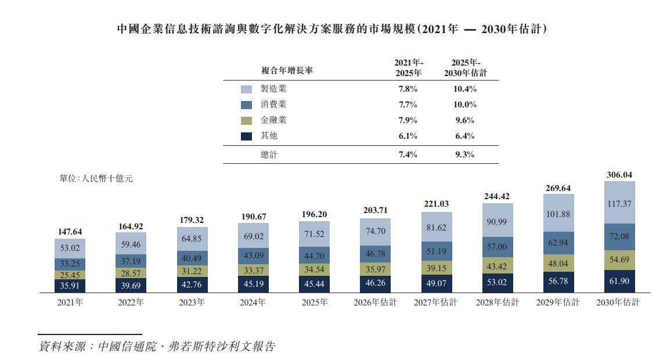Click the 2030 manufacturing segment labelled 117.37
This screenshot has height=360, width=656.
tap(619, 203)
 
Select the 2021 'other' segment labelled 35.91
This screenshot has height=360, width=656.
tap(70, 286)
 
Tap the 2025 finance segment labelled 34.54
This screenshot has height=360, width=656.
tap(314, 269)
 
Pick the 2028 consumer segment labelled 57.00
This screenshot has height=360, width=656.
tap(497, 247)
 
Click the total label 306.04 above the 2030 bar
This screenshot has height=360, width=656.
tap(619, 175)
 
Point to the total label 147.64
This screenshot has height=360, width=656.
tap(70, 232)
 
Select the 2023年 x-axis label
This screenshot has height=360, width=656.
tap(192, 303)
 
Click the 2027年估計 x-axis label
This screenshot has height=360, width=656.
tap(435, 303)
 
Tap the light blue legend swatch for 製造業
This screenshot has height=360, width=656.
tap(246, 89)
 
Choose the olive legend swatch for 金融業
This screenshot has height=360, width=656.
tap(246, 121)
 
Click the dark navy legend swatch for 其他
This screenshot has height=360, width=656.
tap(246, 136)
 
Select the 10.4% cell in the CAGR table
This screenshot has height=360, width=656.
tap(465, 89)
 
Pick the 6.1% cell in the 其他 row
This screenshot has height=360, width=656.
tap(408, 136)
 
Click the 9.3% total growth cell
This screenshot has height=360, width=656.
tap(465, 154)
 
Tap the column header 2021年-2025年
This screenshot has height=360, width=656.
tap(409, 68)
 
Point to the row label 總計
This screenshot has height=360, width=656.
tap(269, 155)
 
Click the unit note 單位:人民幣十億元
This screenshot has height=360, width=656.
tap(96, 179)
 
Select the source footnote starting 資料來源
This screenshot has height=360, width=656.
tap(157, 346)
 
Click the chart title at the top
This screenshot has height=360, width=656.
tap(331, 29)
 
